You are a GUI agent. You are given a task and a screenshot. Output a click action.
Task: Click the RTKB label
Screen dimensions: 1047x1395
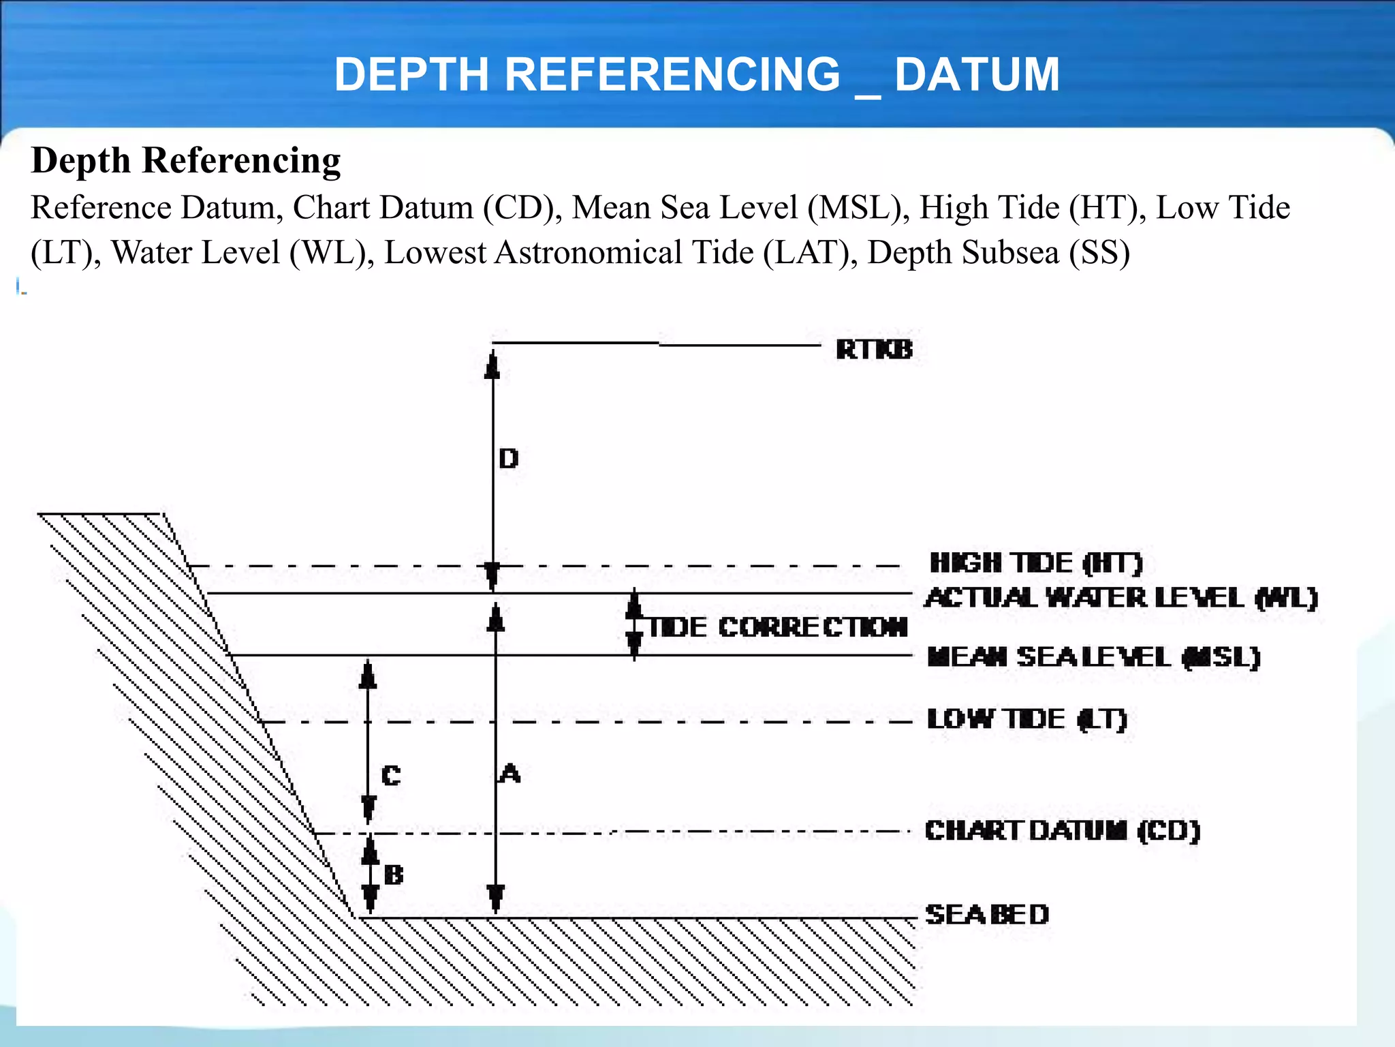(x=874, y=350)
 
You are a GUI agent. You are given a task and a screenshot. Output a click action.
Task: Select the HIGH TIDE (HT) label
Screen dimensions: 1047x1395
(x=1036, y=563)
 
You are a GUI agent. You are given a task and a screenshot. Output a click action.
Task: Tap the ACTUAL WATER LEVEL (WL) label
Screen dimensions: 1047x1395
(x=1121, y=598)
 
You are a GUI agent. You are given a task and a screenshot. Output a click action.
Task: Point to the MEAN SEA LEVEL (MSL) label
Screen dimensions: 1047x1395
(x=1093, y=657)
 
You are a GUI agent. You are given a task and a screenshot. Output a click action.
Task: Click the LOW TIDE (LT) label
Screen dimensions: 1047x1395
(x=1027, y=719)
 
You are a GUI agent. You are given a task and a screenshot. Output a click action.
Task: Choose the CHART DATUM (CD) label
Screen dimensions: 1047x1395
(x=1062, y=830)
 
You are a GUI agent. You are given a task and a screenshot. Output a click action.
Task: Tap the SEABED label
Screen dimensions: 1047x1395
(x=987, y=914)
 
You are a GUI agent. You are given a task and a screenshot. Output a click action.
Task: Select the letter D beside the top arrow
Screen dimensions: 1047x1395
(x=508, y=459)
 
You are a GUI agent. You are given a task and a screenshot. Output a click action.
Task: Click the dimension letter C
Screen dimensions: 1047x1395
(x=391, y=776)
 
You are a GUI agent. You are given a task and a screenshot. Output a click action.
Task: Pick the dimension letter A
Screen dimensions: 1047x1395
(x=510, y=774)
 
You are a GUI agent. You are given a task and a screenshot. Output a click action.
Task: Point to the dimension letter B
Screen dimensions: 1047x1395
(x=394, y=875)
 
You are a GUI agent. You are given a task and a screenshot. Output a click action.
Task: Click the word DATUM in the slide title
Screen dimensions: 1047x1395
(x=977, y=74)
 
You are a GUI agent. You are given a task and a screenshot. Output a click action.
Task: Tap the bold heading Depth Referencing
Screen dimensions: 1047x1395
(x=186, y=161)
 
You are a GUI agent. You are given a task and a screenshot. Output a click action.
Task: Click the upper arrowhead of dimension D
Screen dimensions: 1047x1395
(x=492, y=365)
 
